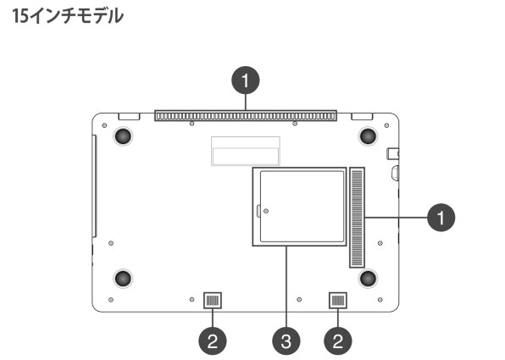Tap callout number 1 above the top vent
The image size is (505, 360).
[x=246, y=82]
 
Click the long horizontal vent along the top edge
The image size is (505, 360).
[x=245, y=115]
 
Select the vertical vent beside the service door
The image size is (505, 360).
[x=357, y=218]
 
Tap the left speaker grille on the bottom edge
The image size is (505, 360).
[x=212, y=300]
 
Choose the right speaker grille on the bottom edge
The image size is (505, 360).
[x=337, y=300]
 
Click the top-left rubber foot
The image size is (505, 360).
[x=122, y=136]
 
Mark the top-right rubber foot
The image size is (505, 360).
[x=368, y=136]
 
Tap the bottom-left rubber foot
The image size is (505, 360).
[x=122, y=277]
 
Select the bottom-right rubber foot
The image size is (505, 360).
[x=368, y=277]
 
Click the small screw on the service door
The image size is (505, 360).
[x=266, y=209]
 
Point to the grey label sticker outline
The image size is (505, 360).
[x=245, y=150]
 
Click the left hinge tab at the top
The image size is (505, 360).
[x=129, y=114]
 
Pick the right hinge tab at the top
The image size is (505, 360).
[x=362, y=114]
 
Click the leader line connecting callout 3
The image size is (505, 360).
[x=286, y=288]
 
